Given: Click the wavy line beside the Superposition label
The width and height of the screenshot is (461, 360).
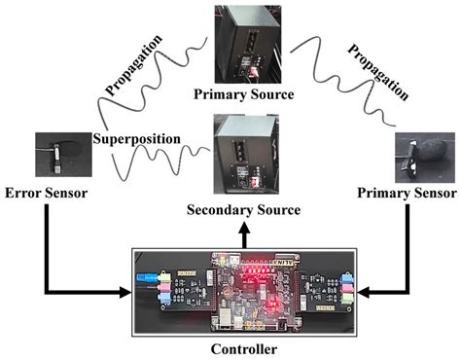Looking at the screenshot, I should pyautogui.click(x=156, y=163).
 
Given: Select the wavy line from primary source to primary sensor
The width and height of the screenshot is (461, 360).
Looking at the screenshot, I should pyautogui.click(x=340, y=78).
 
